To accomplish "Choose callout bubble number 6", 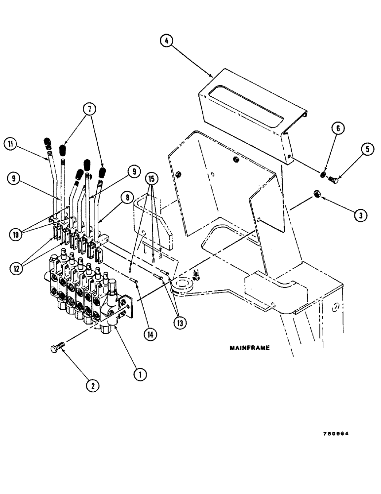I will coord(338,129).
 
